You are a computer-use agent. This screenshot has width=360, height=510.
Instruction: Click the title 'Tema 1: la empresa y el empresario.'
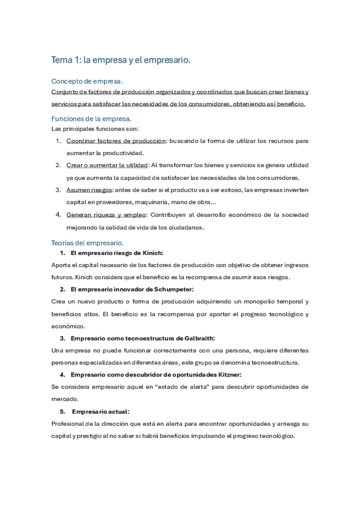click(121, 60)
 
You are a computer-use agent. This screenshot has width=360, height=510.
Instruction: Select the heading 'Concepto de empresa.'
click(88, 81)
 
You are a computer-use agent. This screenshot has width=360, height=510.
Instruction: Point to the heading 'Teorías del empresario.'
click(88, 243)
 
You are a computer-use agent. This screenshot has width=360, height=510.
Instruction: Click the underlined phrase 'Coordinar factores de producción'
click(115, 141)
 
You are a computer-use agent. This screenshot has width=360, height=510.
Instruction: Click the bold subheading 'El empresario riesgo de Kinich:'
click(117, 253)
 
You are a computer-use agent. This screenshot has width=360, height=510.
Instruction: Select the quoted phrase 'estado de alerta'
click(192, 387)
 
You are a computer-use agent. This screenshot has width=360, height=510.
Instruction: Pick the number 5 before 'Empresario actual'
click(62, 412)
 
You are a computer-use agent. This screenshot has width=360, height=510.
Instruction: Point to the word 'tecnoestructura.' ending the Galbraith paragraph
click(275, 363)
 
